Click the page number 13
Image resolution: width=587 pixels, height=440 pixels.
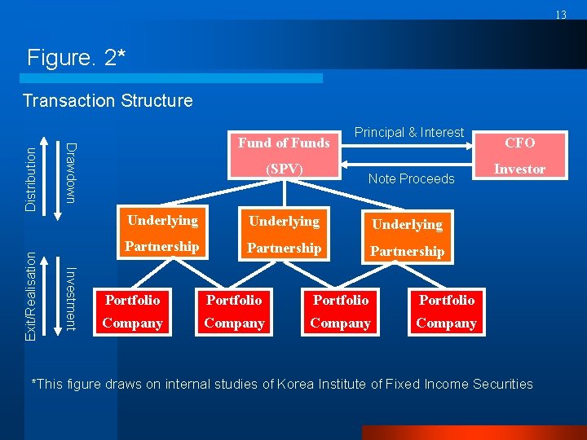tap(561, 15)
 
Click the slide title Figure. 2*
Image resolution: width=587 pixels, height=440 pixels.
tap(75, 58)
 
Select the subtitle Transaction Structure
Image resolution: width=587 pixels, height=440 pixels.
tap(108, 101)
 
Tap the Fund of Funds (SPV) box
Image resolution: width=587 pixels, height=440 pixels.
tap(284, 156)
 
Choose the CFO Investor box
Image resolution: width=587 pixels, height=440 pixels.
tap(519, 156)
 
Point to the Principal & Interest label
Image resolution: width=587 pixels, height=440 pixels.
tap(408, 133)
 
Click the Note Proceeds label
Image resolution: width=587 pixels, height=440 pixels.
tap(411, 179)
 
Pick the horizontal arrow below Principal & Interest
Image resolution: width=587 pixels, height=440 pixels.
tap(412, 147)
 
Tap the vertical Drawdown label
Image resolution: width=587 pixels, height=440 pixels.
tap(71, 174)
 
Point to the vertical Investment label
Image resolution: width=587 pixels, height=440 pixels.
tap(71, 299)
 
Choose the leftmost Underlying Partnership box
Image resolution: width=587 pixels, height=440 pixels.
tap(162, 233)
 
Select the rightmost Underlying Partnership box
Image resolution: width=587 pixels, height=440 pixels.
tap(407, 237)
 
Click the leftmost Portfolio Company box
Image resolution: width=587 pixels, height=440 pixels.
tap(132, 311)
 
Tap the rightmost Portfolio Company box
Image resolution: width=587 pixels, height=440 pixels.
tap(447, 311)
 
